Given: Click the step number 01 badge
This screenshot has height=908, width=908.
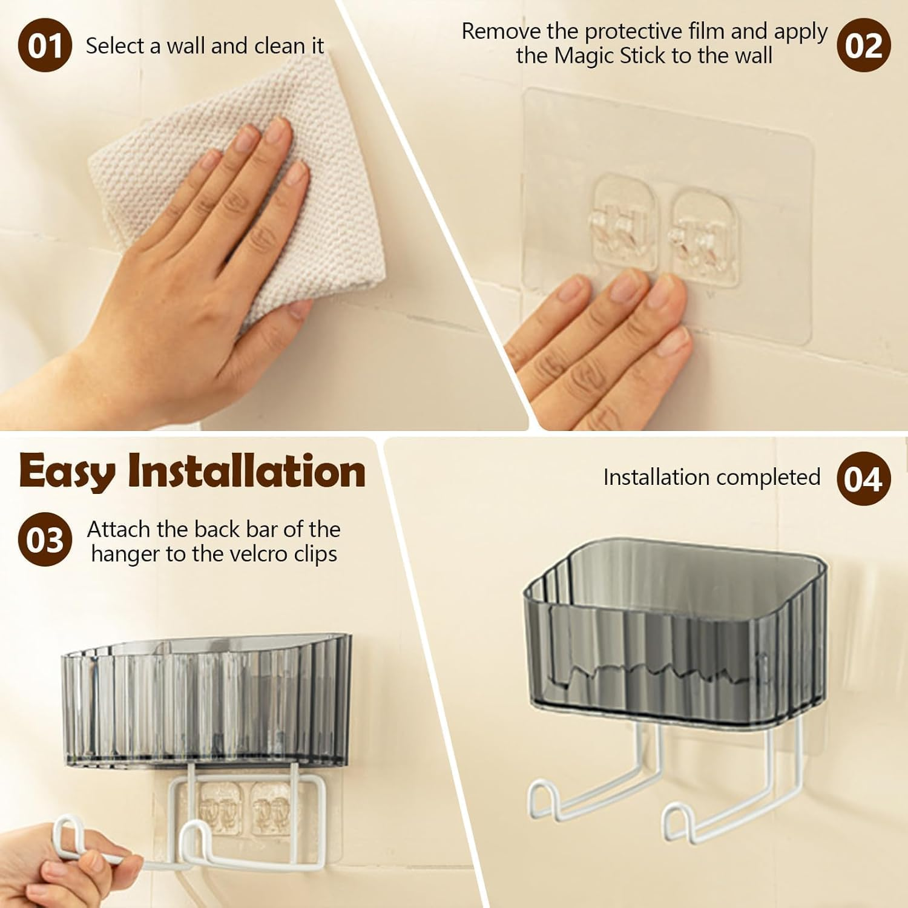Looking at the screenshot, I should pos(45,45).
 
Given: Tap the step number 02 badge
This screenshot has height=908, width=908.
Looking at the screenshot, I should pos(864,45).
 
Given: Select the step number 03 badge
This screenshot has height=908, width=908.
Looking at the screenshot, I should pos(45,539).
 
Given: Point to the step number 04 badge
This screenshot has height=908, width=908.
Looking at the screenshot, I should pos(864,479).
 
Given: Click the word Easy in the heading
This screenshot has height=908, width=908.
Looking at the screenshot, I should pos(67,472).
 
